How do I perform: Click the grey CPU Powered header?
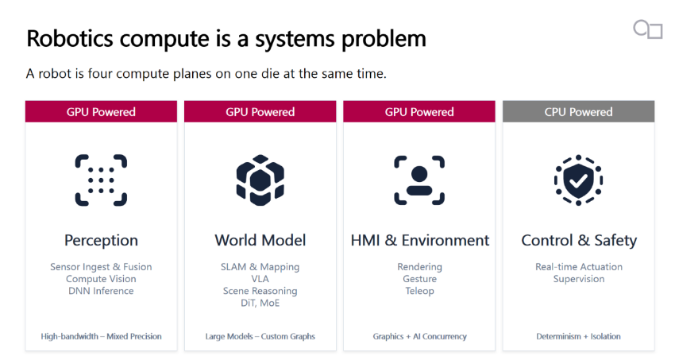click(x=578, y=111)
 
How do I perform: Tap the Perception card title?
click(x=101, y=240)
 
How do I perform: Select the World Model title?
click(x=260, y=240)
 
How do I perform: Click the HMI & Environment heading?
click(x=420, y=240)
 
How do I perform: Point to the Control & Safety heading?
click(x=579, y=240)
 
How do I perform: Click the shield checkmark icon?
click(x=579, y=180)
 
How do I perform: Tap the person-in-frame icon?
click(x=419, y=180)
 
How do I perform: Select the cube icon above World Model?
click(x=260, y=180)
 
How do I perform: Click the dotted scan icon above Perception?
click(x=101, y=180)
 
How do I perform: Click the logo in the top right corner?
click(x=647, y=29)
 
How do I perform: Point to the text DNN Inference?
click(x=101, y=291)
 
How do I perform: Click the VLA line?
click(x=260, y=279)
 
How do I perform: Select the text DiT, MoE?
click(x=260, y=303)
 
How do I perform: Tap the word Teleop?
click(x=420, y=291)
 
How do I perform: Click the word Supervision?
click(x=579, y=279)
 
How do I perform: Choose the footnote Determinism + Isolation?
click(x=579, y=336)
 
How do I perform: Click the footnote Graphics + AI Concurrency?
click(x=420, y=336)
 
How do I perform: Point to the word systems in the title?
click(x=295, y=39)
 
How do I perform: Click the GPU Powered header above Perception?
click(x=101, y=111)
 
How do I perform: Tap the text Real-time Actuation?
click(x=579, y=266)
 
